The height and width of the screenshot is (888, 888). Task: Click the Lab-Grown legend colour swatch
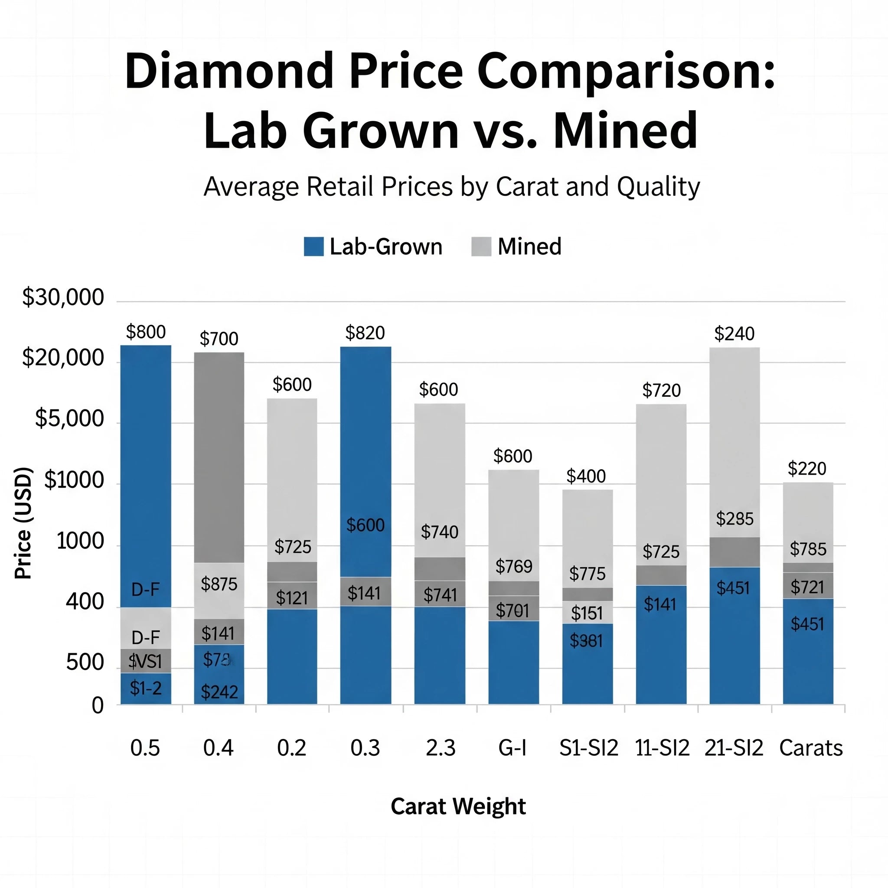(314, 246)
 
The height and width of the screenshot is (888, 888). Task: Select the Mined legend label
(529, 246)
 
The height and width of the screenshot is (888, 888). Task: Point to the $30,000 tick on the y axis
(63, 297)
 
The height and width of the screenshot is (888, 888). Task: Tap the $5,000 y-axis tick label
(70, 419)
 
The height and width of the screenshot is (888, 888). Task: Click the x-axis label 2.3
(441, 748)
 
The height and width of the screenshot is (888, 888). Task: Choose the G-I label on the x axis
(513, 748)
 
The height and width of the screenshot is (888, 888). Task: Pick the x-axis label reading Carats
(811, 748)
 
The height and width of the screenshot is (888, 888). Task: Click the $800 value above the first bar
(146, 332)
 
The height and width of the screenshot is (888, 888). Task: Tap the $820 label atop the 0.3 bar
(365, 333)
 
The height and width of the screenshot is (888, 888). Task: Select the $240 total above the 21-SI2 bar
(734, 334)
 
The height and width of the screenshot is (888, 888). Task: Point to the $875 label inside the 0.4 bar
(219, 584)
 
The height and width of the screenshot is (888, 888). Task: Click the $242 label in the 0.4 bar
(219, 692)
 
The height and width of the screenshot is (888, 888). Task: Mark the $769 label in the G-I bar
(514, 566)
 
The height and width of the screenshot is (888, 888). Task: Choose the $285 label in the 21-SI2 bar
(735, 519)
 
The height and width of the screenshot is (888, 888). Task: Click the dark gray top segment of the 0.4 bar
(219, 457)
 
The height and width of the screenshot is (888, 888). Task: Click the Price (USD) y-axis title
(23, 523)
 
